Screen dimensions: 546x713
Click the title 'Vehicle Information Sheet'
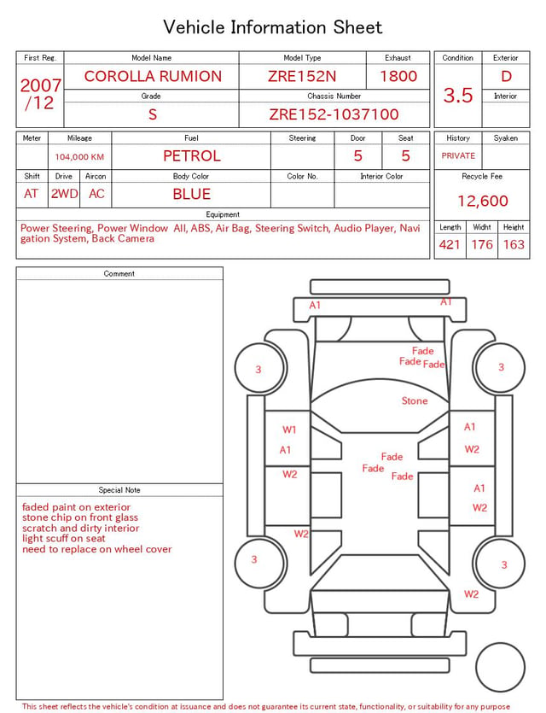(272, 27)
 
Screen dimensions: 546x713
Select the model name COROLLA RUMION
(153, 76)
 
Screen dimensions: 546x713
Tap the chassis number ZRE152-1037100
(334, 114)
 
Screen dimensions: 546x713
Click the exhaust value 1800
(398, 76)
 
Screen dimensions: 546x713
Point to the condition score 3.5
(458, 95)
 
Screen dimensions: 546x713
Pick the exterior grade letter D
(506, 76)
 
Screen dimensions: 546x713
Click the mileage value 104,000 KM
(79, 157)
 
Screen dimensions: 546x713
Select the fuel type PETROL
(192, 156)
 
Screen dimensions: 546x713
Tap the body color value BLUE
(192, 194)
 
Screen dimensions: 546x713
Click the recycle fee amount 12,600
(482, 201)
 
